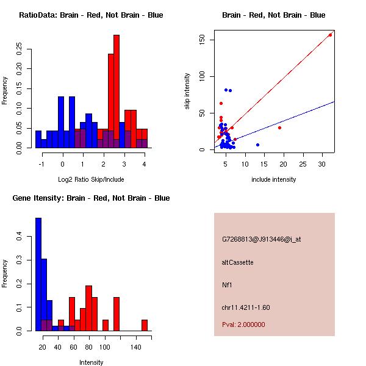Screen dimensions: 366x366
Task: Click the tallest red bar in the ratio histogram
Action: (x=117, y=91)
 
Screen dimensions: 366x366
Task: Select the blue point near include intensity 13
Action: (x=257, y=145)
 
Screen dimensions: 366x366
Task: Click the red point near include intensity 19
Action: (x=280, y=127)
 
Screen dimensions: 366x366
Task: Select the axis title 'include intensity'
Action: (x=273, y=179)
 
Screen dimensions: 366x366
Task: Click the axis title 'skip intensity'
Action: (x=187, y=92)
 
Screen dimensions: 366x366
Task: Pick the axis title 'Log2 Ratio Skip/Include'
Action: (x=91, y=179)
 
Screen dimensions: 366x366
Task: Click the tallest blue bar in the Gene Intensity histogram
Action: (x=38, y=274)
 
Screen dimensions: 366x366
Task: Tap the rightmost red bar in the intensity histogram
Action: (x=145, y=325)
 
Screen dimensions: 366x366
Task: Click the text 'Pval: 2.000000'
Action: (x=243, y=325)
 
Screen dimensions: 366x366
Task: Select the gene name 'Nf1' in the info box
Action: (x=227, y=285)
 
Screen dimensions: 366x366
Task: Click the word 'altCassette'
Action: (x=237, y=262)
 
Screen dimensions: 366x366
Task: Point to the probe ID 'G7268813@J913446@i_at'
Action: (x=261, y=239)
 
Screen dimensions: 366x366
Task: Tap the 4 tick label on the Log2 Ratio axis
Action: (x=144, y=165)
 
